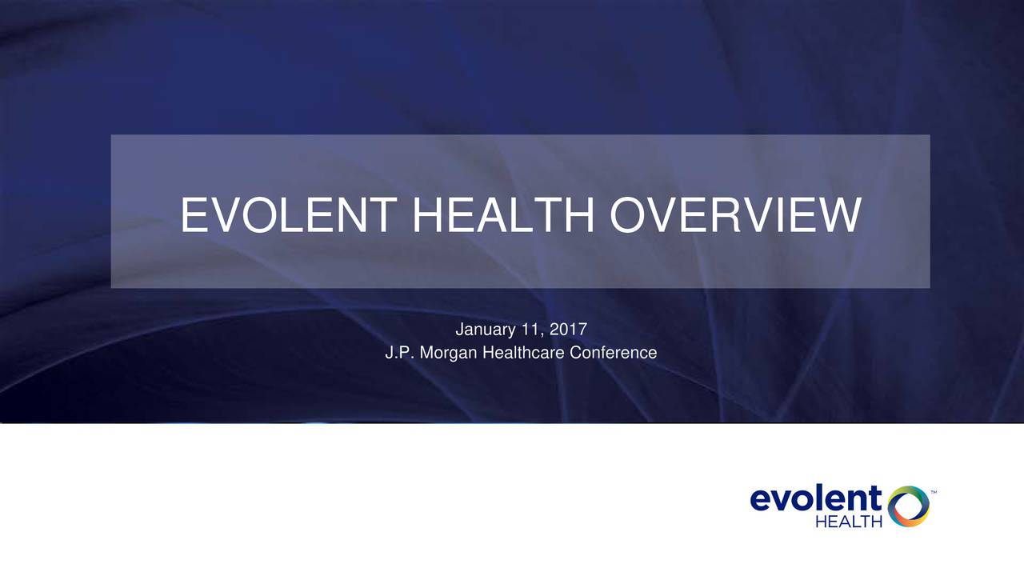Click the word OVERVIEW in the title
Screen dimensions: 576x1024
pos(734,216)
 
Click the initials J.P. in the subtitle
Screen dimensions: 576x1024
pos(397,353)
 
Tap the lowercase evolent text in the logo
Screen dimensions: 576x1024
pos(815,500)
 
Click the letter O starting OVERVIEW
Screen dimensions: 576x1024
pos(630,216)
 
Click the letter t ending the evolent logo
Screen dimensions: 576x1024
pos(874,498)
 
